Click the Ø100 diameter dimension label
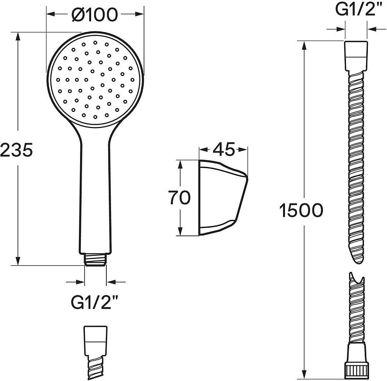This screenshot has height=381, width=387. [95, 15]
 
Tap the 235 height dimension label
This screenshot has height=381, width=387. [16, 150]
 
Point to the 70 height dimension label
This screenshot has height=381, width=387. [180, 197]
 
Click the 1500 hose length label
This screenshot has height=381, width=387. [301, 210]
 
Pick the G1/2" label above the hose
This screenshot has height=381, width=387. [355, 9]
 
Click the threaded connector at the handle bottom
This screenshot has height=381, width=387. [95, 259]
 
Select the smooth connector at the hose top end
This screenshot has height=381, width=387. [356, 56]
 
